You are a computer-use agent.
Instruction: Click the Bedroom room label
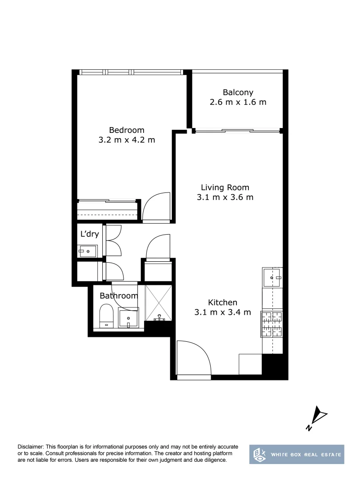[x=127, y=130]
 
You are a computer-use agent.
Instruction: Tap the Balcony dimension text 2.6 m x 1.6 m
[x=238, y=102]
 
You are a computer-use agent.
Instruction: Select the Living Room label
[x=225, y=188]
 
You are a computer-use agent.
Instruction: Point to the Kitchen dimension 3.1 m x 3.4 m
[x=223, y=312]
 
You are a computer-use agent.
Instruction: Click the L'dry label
[x=89, y=234]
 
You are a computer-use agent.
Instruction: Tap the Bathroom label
[x=119, y=296]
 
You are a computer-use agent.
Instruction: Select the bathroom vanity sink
[x=128, y=318]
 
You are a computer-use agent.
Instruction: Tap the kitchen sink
[x=272, y=278]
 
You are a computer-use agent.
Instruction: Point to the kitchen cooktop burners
[x=272, y=324]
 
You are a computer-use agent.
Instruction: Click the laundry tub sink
[x=88, y=252]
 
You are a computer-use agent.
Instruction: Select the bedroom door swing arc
[x=156, y=207]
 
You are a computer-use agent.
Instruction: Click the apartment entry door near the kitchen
[x=194, y=359]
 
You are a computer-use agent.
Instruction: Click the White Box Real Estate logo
[x=296, y=454]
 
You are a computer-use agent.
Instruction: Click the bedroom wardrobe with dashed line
[x=107, y=210]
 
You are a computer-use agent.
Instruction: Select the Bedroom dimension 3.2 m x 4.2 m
[x=127, y=140]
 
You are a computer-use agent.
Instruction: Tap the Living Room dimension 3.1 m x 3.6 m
[x=225, y=197]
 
